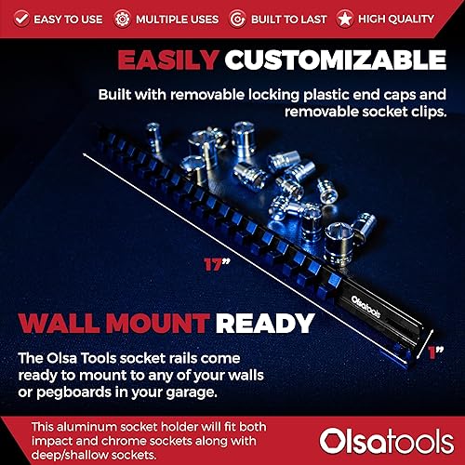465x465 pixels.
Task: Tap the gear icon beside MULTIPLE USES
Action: (x=122, y=18)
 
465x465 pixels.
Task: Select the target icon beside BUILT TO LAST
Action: (x=240, y=18)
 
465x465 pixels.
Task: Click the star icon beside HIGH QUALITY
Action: (x=346, y=18)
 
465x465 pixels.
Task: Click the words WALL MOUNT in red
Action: (x=110, y=323)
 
